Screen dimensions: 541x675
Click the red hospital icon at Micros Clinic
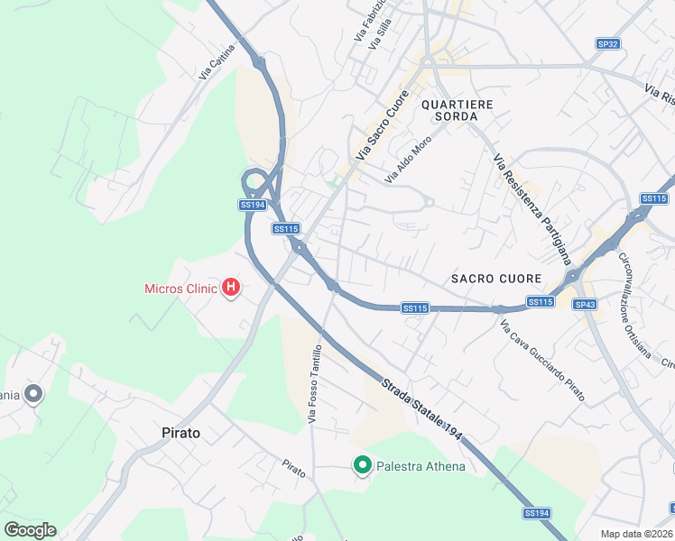(231, 289)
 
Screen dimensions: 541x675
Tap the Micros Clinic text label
(181, 289)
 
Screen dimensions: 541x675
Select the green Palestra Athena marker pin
(363, 465)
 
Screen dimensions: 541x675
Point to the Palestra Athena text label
(421, 466)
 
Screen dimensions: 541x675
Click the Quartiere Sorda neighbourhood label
(457, 111)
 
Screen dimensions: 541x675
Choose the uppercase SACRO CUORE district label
(496, 279)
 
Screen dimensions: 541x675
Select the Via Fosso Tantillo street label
(315, 385)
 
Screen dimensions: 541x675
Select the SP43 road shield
(585, 305)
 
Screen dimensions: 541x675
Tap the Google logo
(30, 530)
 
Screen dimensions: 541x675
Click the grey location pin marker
(33, 394)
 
